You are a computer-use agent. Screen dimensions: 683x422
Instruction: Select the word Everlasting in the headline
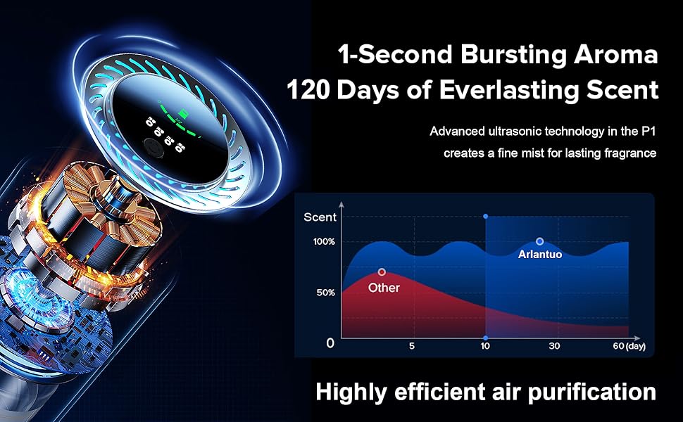tap(509, 90)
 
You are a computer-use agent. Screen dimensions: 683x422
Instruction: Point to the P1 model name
tap(648, 132)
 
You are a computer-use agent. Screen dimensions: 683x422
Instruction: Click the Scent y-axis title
tap(320, 217)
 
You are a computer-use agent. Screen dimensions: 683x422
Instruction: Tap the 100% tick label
tap(324, 241)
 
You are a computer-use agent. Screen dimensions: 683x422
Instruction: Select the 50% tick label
tap(326, 293)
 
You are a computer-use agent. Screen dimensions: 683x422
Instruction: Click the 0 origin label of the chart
tap(330, 343)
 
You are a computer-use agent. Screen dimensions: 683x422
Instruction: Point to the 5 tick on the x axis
tap(412, 346)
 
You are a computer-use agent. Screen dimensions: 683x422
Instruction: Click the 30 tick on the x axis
tap(554, 346)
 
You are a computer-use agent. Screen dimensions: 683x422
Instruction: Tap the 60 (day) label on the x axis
tap(629, 346)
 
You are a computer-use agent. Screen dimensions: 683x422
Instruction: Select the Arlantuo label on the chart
tap(539, 255)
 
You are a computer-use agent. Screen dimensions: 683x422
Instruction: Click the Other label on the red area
tap(384, 288)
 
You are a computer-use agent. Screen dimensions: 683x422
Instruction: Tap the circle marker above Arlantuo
tap(539, 241)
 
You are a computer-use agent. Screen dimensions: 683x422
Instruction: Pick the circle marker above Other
tap(382, 272)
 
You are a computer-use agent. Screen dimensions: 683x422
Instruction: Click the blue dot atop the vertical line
tap(486, 216)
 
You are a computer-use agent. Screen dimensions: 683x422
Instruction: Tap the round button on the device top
tap(154, 148)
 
